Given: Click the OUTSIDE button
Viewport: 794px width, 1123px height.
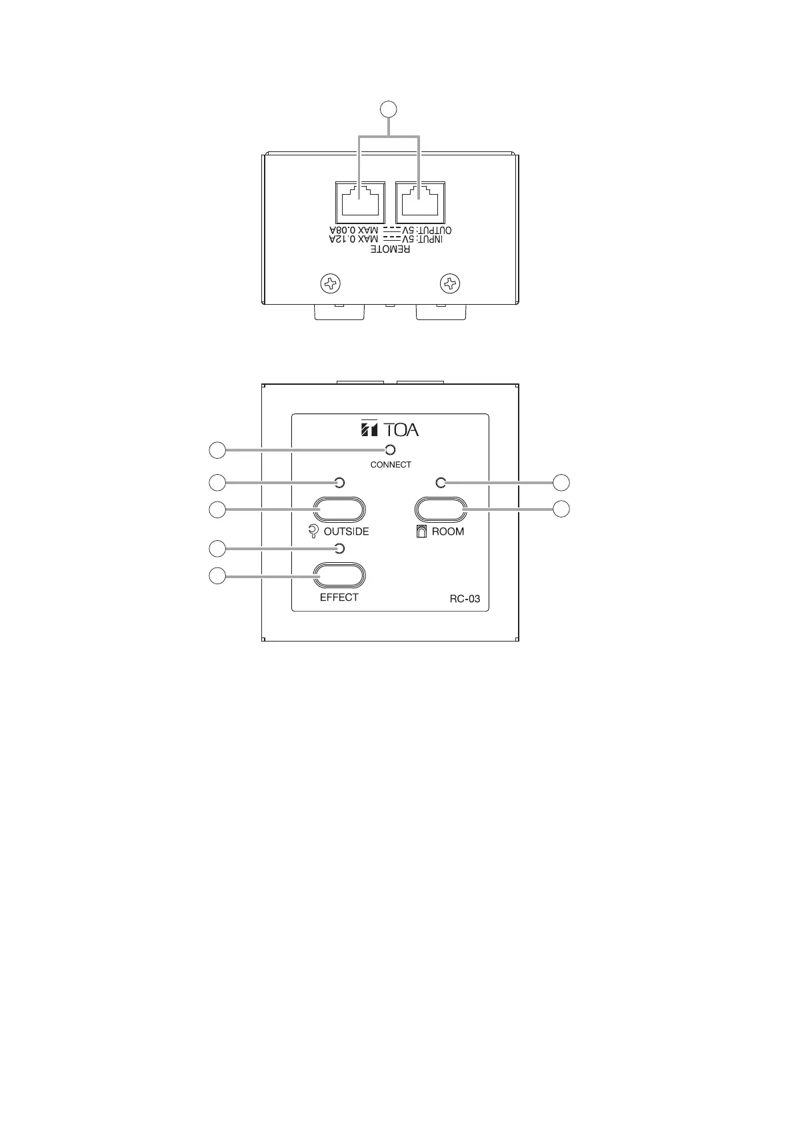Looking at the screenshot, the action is [x=339, y=510].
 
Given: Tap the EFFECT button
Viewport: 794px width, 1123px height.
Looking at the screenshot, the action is [x=339, y=576].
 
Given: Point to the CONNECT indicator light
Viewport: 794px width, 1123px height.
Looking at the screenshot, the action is [x=391, y=450].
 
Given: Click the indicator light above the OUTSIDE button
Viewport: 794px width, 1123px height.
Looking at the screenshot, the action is [x=339, y=482].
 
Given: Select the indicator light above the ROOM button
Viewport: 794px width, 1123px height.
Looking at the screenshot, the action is [x=439, y=482].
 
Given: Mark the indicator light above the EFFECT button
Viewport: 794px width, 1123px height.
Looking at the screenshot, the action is [x=339, y=548].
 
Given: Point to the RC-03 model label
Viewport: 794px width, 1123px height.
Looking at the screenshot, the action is [x=465, y=599].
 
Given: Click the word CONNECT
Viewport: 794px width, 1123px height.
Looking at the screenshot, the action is [x=391, y=465].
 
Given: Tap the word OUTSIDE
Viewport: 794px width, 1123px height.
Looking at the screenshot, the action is [x=346, y=532].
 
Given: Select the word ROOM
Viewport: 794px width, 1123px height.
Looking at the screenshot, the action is [x=448, y=532].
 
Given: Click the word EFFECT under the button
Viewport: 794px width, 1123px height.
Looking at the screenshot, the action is [x=339, y=598].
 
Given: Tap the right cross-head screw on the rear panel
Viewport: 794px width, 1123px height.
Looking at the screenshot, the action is [x=451, y=285].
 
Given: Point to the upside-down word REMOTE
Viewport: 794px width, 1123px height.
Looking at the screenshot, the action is [x=391, y=249].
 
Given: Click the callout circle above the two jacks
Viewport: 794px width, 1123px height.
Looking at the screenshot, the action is [x=389, y=108].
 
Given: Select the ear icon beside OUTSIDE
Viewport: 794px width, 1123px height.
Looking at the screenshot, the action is [x=314, y=532].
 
